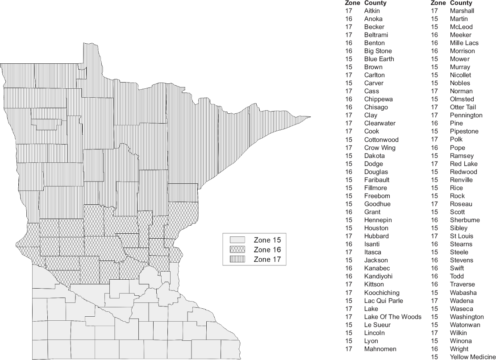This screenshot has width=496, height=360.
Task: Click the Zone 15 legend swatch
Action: coord(237,240)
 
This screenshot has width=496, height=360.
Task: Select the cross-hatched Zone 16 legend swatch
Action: coord(237,250)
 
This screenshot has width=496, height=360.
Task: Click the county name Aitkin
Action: coord(372,11)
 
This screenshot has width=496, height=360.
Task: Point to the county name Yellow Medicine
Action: coord(473,357)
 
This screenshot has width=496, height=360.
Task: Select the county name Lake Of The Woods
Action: coord(392,317)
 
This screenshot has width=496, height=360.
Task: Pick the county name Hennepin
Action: coord(378,220)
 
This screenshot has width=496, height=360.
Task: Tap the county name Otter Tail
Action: coord(463,107)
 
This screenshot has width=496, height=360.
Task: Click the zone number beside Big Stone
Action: coord(349,51)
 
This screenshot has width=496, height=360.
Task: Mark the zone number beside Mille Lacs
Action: coord(434,43)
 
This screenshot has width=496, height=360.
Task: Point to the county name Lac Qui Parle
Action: coord(383,301)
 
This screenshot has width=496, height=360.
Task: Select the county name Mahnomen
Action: coord(380,349)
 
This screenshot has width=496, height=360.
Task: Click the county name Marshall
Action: coord(462,11)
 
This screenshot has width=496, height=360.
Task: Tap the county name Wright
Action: coord(459,349)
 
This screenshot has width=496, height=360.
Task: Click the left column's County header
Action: coord(375,3)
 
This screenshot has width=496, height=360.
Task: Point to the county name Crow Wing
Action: coord(379,148)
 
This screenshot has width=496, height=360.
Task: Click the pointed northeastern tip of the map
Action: coord(310,117)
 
